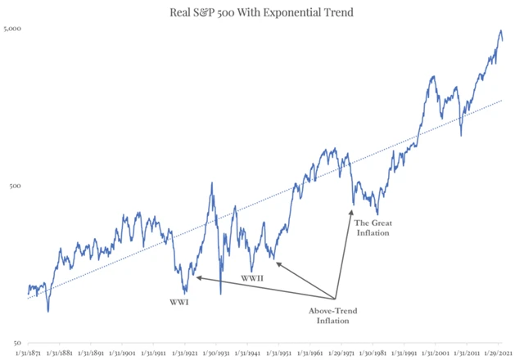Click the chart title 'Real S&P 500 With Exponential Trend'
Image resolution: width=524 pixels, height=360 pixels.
tap(261, 11)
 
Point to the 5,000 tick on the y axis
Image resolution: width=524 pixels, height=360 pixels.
tap(12, 29)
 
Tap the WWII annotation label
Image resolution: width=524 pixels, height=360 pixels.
tap(253, 279)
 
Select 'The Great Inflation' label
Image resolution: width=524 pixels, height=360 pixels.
tap(372, 227)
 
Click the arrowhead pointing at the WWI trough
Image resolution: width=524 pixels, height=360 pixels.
tap(196, 278)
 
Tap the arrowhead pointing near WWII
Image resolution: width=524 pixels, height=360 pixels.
tap(275, 263)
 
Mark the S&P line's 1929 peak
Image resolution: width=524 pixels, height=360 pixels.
tap(212, 182)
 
